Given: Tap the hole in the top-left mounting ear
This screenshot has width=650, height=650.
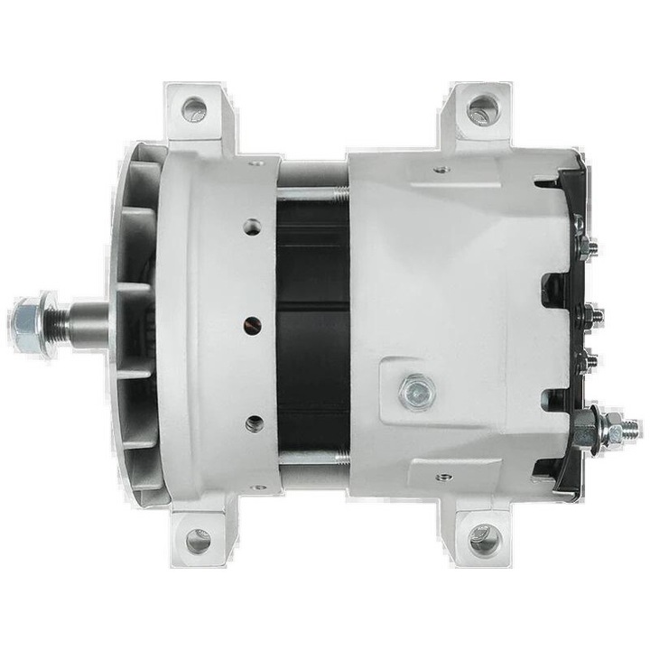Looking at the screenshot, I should tap(194, 110).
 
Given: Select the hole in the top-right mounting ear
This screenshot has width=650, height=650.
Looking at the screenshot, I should tap(482, 110).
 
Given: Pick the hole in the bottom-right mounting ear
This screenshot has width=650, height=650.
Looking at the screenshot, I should tap(485, 539).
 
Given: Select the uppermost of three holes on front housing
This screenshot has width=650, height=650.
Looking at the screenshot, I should tap(253, 227).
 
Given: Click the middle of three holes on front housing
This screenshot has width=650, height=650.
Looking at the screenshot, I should tap(254, 324).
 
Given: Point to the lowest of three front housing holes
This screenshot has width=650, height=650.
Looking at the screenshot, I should tap(255, 422).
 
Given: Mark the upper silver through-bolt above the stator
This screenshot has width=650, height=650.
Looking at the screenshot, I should tap(312, 192).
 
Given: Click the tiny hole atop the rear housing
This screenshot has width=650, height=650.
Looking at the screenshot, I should tap(440, 169).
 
